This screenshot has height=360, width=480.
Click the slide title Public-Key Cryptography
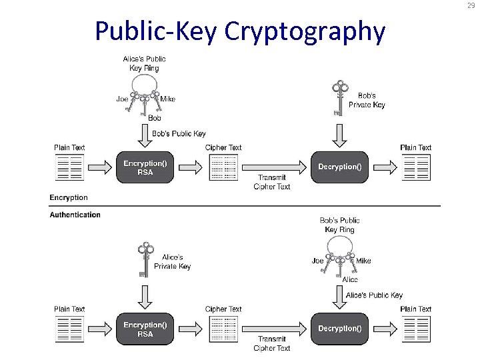pyautogui.click(x=240, y=31)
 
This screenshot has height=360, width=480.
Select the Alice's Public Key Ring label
pyautogui.click(x=145, y=63)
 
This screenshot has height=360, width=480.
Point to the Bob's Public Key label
pyautogui.click(x=179, y=133)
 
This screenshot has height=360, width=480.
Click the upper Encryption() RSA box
pyautogui.click(x=145, y=167)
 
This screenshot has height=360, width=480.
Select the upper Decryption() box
pyautogui.click(x=340, y=167)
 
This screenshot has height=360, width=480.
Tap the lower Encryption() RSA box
pyautogui.click(x=145, y=329)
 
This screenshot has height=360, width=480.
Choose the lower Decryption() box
pyautogui.click(x=340, y=329)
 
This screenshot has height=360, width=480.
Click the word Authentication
pyautogui.click(x=75, y=215)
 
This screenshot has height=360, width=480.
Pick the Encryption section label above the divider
pyautogui.click(x=69, y=197)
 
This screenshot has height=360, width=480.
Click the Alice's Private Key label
pyautogui.click(x=172, y=261)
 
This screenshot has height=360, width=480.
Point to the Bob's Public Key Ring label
pyautogui.click(x=340, y=225)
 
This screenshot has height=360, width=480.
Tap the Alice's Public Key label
pyautogui.click(x=374, y=295)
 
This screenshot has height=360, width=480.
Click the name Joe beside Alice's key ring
pyautogui.click(x=123, y=99)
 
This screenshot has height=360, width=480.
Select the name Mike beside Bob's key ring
pyautogui.click(x=363, y=261)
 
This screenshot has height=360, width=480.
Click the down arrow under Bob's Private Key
pyautogui.click(x=340, y=136)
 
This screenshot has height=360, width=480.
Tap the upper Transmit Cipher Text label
pyautogui.click(x=272, y=182)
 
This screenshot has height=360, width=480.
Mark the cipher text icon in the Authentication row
pyautogui.click(x=224, y=329)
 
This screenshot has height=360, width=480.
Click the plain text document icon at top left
pyautogui.click(x=69, y=167)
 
